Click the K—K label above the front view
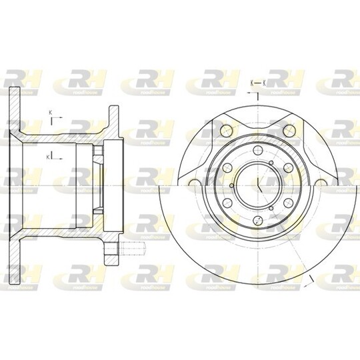click(257, 82)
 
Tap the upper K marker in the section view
click(51, 113)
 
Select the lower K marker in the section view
click(49, 156)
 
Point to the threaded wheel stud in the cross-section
click(134, 251)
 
